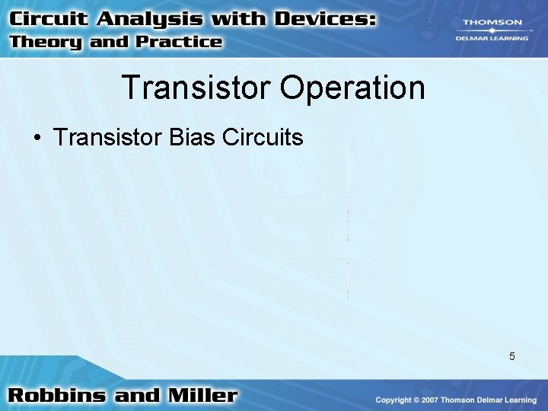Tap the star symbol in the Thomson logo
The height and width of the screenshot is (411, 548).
click(492, 30)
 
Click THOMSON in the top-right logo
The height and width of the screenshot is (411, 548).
click(492, 22)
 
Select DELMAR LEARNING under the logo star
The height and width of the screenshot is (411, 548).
click(492, 38)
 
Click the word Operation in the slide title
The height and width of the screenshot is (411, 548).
click(352, 88)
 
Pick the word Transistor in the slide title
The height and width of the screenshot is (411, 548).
click(196, 88)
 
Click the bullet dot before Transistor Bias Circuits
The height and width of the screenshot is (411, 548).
click(36, 139)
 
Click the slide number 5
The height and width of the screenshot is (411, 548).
click(512, 356)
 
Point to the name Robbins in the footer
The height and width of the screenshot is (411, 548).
click(58, 396)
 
